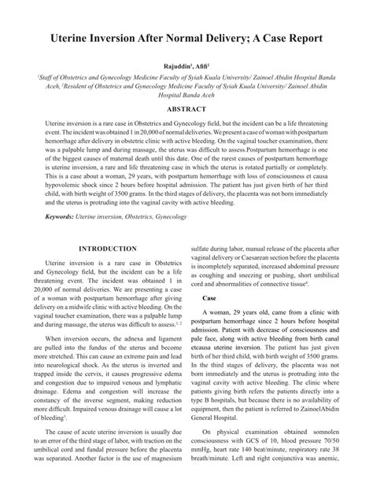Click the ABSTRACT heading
(186, 112)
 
